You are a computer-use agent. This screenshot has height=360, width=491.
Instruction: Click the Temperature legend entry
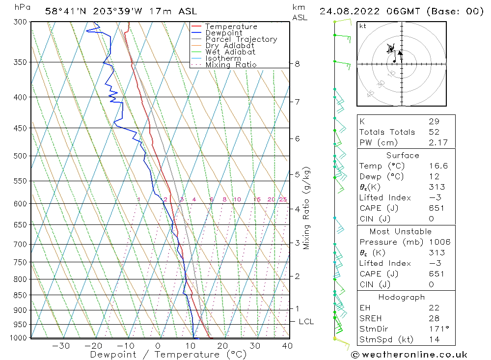[x=231, y=27]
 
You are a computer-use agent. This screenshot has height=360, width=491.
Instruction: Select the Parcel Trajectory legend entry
[x=241, y=39]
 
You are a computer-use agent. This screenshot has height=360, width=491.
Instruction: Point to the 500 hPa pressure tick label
[x=21, y=156]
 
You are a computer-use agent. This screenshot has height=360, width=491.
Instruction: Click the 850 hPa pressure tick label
[x=21, y=295]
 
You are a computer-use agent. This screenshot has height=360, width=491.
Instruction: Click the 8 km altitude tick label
[x=298, y=64]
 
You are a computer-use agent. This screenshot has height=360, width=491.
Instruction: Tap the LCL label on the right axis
[x=306, y=322]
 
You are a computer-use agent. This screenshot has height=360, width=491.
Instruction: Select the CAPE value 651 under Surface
[x=437, y=208]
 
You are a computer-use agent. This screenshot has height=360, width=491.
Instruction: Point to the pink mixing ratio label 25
[x=283, y=199]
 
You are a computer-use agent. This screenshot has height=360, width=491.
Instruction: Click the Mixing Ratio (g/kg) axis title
[x=307, y=208]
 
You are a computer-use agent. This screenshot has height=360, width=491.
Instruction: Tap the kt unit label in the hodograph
[x=363, y=26]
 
